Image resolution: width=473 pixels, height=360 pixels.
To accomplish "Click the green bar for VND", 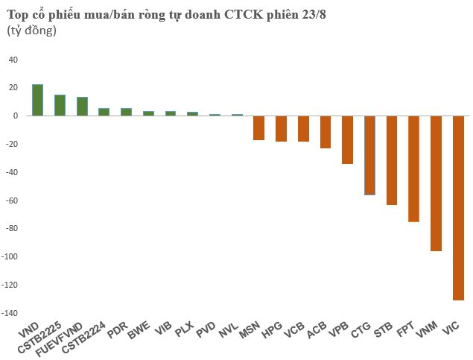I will tap(38, 101).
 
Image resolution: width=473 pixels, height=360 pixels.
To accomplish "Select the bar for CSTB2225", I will tap(60, 106).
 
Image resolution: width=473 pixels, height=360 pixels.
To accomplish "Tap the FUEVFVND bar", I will tap(82, 107).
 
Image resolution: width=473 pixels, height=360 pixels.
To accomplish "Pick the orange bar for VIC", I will tap(458, 208).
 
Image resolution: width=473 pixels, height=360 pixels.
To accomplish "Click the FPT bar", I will tap(414, 169).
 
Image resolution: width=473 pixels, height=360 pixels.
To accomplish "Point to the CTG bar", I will tap(369, 155).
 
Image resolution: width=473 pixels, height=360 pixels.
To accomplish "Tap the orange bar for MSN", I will tap(258, 128).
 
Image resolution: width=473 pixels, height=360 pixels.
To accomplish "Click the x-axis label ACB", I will tap(318, 329).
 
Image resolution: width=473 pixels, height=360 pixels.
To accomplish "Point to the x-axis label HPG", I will tap(273, 329).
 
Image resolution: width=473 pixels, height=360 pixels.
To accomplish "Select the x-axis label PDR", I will tap(117, 329).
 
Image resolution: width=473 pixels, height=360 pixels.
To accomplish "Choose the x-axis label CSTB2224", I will tap(83, 336).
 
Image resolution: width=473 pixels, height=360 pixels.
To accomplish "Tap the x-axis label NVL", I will tap(229, 329).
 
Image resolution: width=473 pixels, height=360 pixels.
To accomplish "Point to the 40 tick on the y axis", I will tap(13, 60).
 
